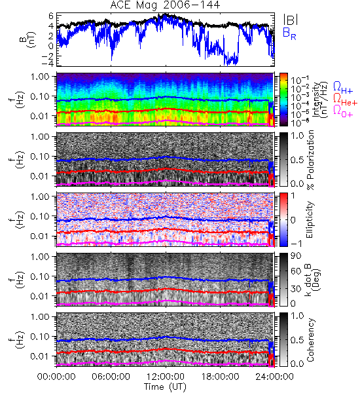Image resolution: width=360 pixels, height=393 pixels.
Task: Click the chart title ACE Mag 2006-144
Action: point(165,5)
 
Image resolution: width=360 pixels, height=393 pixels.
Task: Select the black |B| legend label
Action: point(291,20)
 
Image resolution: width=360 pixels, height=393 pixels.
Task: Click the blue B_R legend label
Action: point(289,33)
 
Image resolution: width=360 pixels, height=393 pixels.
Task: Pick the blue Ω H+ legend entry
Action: point(343,88)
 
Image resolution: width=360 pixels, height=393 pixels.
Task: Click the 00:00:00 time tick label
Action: point(56,377)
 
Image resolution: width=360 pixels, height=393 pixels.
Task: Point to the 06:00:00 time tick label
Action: point(111,377)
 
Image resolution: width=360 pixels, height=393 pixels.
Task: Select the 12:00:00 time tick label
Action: point(166,377)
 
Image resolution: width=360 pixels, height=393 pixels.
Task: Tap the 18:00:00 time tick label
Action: point(220,377)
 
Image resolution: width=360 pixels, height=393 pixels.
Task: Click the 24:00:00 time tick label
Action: point(274,377)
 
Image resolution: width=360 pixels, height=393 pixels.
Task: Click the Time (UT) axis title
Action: point(165,387)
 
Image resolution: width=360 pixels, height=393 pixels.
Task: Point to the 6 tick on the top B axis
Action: point(51,16)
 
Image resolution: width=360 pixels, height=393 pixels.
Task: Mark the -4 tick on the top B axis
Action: point(48,63)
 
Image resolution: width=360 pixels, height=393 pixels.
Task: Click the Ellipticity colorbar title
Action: point(310,220)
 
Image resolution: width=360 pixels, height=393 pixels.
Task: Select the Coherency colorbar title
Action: point(310,340)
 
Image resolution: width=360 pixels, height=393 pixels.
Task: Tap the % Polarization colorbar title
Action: point(310,160)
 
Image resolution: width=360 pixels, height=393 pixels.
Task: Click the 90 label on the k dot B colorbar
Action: point(296,256)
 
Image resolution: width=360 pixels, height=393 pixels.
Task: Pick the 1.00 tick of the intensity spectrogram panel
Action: point(41,76)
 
